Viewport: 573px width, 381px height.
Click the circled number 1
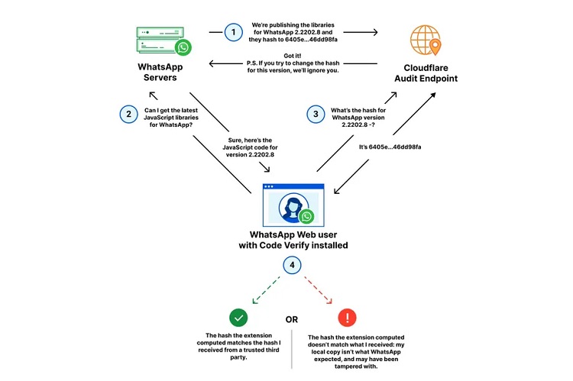[x=233, y=32]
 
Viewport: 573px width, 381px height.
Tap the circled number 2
[x=128, y=114]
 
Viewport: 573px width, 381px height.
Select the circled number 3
[x=314, y=114]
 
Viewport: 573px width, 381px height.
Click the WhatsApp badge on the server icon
[x=183, y=48]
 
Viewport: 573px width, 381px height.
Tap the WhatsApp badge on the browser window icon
[x=307, y=216]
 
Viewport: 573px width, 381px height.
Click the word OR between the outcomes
[x=291, y=318]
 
